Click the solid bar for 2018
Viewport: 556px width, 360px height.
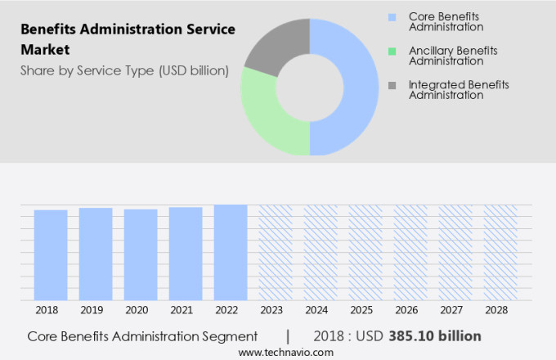click(x=51, y=254)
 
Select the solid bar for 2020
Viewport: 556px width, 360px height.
click(x=141, y=254)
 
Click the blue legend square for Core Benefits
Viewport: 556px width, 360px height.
click(x=392, y=17)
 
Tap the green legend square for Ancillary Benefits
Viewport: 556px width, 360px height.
click(x=392, y=52)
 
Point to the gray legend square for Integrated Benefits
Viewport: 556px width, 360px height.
click(x=392, y=85)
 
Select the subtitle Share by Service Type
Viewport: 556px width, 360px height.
click(x=124, y=70)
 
